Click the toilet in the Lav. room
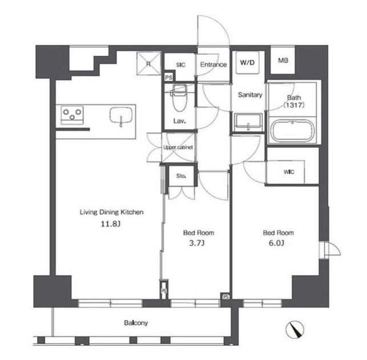click(180, 98)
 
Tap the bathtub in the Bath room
click(292, 131)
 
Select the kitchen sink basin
click(121, 115)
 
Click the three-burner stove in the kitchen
click(72, 115)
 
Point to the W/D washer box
click(247, 62)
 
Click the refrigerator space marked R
click(149, 63)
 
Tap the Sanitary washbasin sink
click(248, 122)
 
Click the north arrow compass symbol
click(295, 329)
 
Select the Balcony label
click(136, 323)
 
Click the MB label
click(283, 60)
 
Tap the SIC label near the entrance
click(180, 65)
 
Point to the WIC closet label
click(289, 172)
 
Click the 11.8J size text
click(111, 224)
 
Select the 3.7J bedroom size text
click(196, 243)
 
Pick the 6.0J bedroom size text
click(276, 243)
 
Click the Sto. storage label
click(181, 176)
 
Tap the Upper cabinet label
click(178, 147)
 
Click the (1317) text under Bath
click(294, 105)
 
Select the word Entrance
click(213, 64)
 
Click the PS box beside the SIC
click(168, 77)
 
